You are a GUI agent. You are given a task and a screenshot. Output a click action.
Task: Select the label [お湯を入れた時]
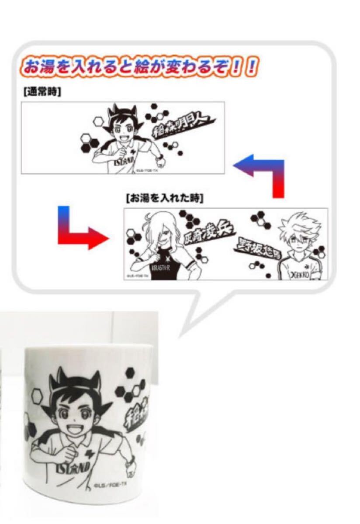coord(164,199)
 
